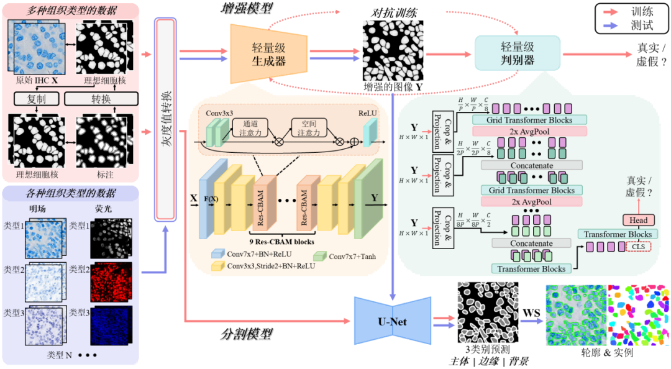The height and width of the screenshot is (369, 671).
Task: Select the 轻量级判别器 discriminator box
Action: point(517,53)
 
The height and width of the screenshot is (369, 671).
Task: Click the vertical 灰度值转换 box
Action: point(165,118)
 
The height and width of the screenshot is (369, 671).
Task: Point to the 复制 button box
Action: point(36,99)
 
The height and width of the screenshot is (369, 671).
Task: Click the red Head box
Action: point(638,220)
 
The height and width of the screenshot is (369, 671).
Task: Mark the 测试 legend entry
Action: point(633,26)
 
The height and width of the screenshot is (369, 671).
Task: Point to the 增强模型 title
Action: point(247,8)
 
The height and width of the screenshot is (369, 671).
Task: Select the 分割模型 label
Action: point(247,334)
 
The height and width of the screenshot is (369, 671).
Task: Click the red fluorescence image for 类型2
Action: point(109,283)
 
